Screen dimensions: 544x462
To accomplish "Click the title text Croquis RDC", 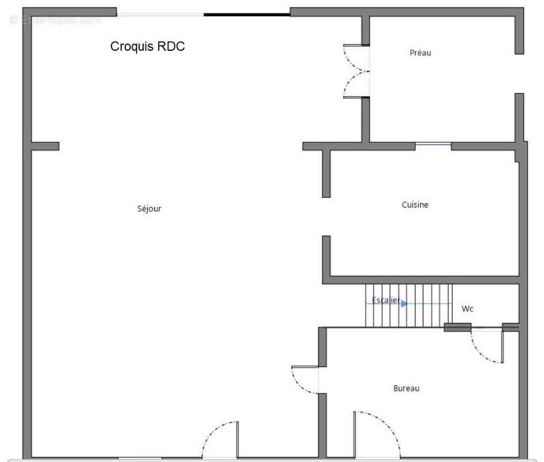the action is click(148, 47).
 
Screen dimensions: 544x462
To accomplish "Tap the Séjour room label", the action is click(149, 208).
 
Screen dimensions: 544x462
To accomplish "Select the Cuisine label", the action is click(415, 204).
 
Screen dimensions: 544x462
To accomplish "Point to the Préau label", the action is click(420, 53).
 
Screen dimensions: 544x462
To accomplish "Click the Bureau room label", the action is click(406, 388).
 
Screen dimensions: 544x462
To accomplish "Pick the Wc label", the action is click(467, 308).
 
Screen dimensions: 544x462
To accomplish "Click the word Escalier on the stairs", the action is click(386, 300).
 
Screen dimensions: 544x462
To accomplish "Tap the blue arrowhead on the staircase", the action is click(404, 304).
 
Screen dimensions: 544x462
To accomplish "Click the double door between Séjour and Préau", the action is click(357, 71).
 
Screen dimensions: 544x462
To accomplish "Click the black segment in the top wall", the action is click(247, 14).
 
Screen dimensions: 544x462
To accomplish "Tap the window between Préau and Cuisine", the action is click(433, 144).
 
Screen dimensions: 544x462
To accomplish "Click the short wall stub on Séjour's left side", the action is click(45, 146).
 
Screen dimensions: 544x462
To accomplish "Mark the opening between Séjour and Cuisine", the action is click(326, 217).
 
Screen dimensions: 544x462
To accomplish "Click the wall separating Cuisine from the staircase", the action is click(421, 280).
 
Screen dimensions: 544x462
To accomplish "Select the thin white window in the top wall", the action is click(160, 14).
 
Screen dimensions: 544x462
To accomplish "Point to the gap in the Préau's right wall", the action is click(519, 74).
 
